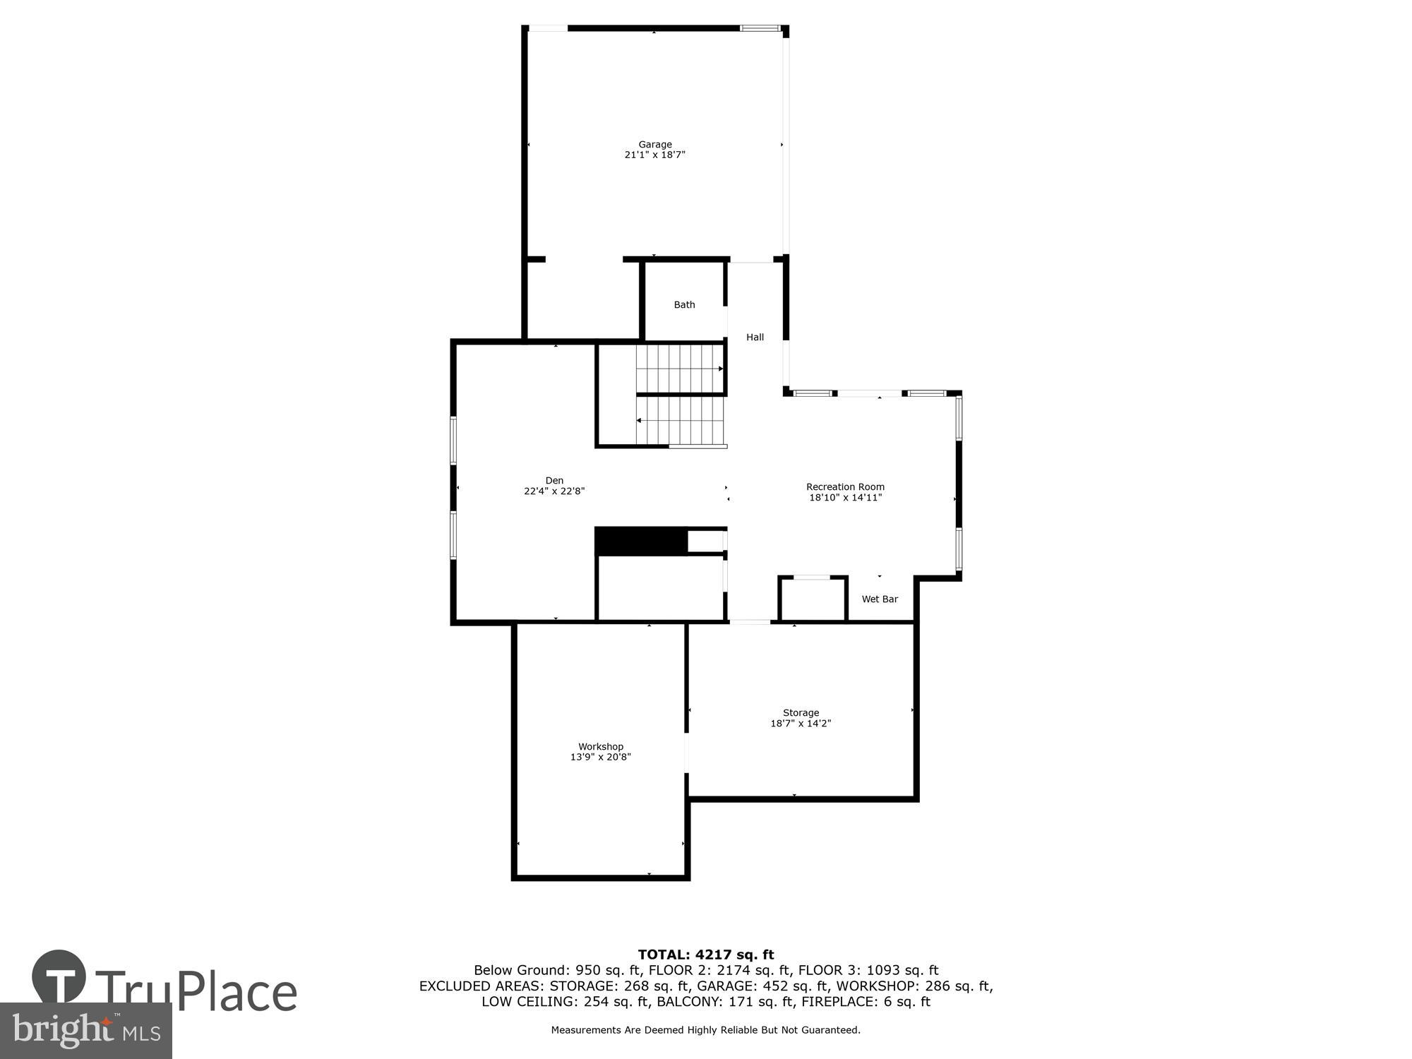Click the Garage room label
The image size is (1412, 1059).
click(655, 144)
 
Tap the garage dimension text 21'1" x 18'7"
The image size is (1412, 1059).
click(655, 155)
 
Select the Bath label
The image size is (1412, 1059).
click(684, 305)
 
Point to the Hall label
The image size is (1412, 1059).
click(755, 337)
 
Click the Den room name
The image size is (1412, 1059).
click(554, 481)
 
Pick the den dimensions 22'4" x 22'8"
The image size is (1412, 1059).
click(554, 491)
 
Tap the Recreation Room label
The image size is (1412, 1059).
click(845, 487)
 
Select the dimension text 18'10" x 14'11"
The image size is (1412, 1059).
click(845, 498)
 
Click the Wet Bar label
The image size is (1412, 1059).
click(880, 599)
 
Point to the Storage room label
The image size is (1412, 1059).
click(801, 713)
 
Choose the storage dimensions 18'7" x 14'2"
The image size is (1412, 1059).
click(801, 724)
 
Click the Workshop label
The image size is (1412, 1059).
click(601, 747)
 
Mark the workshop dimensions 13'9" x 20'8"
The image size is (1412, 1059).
click(601, 758)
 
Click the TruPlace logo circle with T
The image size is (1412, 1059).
click(59, 977)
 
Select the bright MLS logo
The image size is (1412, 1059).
click(85, 1031)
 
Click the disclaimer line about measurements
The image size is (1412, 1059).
click(706, 1030)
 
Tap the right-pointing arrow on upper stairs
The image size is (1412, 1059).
click(720, 369)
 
